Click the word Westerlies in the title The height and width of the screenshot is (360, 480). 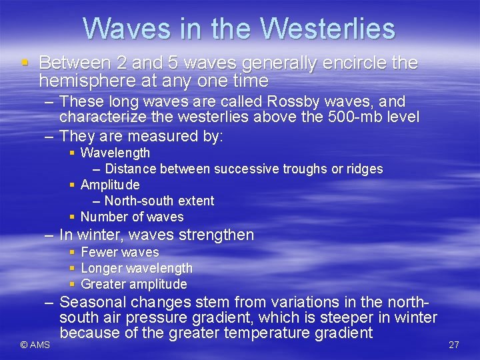(327, 29)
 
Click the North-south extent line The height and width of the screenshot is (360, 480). (159, 201)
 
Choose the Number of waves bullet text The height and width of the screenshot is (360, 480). (131, 217)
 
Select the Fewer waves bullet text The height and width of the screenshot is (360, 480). (119, 252)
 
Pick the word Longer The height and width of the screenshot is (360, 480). (101, 268)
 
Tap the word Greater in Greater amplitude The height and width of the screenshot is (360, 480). (103, 284)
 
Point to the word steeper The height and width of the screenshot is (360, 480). (346, 317)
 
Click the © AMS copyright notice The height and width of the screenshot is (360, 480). (35, 345)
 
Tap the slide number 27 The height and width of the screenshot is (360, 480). (454, 345)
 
